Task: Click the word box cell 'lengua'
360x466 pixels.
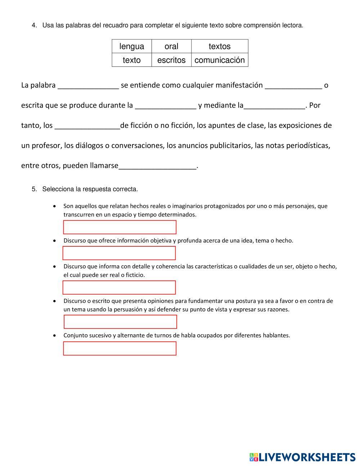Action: [x=132, y=46]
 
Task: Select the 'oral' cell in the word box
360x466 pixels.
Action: [x=171, y=46]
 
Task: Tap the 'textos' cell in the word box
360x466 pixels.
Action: [x=220, y=46]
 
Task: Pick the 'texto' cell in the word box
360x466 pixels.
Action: [x=132, y=60]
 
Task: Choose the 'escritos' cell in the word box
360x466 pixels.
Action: [x=171, y=60]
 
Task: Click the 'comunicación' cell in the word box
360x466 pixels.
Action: [x=220, y=60]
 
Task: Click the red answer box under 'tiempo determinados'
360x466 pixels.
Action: [x=120, y=227]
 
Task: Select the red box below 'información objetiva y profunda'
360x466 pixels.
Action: [x=119, y=253]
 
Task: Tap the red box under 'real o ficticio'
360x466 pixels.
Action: [x=119, y=287]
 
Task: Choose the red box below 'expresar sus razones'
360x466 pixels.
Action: [x=120, y=322]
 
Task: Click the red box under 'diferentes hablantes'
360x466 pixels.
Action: [x=120, y=348]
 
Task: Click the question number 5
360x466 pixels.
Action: [x=34, y=189]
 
